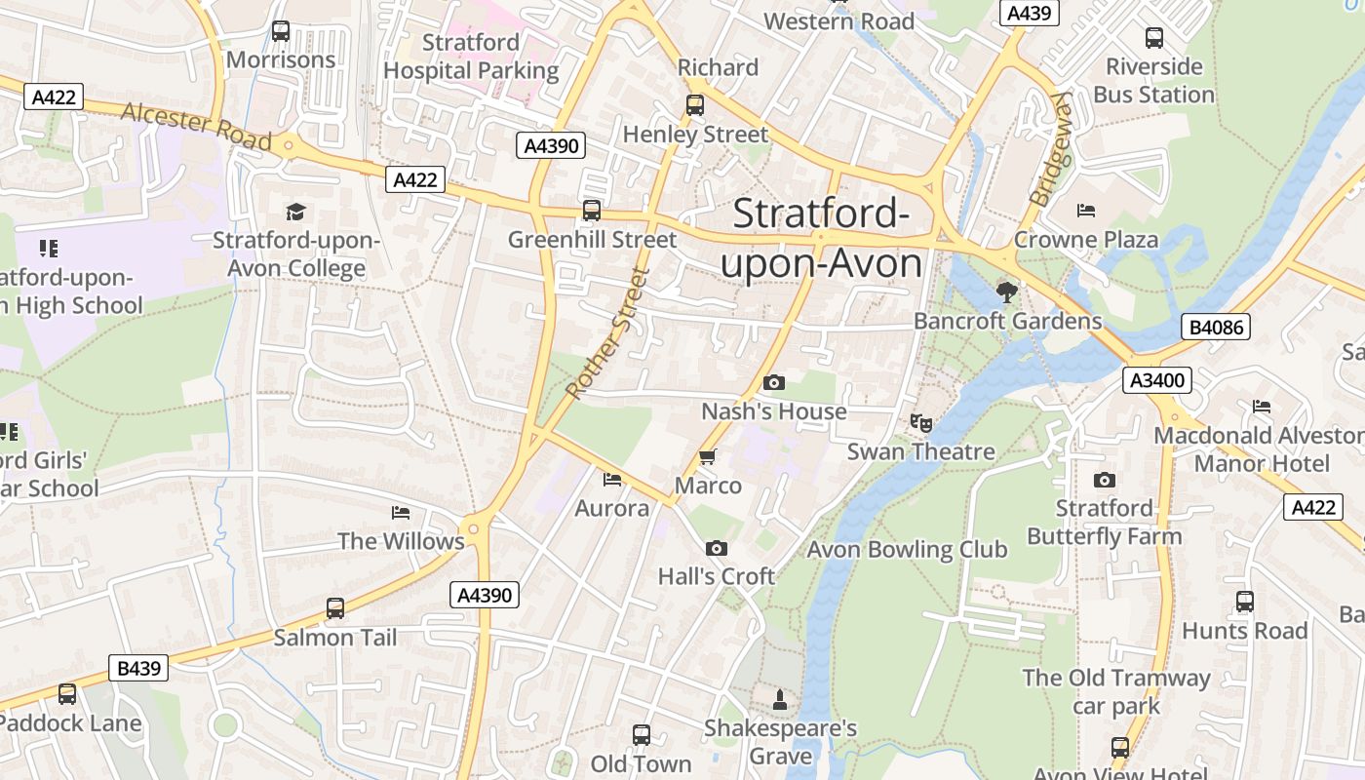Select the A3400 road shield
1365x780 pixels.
click(x=1157, y=380)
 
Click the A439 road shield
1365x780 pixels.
click(x=1029, y=13)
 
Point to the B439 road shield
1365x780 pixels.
click(x=138, y=669)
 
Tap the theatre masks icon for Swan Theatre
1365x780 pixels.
click(x=920, y=422)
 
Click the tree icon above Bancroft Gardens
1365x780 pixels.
click(x=1006, y=292)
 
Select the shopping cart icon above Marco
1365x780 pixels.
click(x=708, y=456)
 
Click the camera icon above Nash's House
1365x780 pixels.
click(x=774, y=382)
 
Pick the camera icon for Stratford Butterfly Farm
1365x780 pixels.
click(x=1104, y=480)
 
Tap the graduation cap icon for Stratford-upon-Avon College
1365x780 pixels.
click(x=295, y=212)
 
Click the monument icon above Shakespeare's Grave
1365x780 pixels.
click(x=779, y=699)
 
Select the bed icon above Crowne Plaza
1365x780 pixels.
click(x=1086, y=211)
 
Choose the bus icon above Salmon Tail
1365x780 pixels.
click(x=335, y=608)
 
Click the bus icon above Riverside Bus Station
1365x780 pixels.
click(x=1154, y=38)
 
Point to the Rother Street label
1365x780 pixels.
click(x=606, y=332)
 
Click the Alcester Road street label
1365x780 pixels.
click(x=196, y=127)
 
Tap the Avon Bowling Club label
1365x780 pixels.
click(x=907, y=550)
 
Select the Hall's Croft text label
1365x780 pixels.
click(x=716, y=576)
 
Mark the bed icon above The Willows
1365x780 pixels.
click(x=401, y=513)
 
